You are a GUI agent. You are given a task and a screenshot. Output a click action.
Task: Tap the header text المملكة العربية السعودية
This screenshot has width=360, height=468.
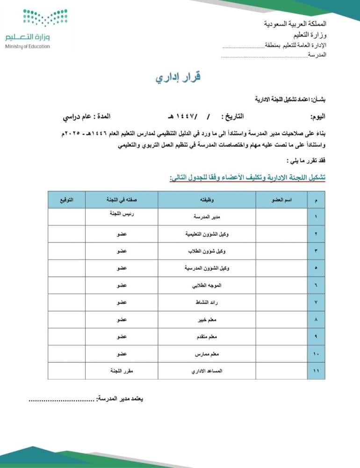295,23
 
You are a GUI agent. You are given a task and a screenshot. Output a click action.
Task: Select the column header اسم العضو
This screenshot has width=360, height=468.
281,200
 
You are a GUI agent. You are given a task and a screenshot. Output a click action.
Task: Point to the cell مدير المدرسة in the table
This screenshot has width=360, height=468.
207,217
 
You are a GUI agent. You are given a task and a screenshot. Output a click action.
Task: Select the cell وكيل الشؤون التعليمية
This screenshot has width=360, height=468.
207,234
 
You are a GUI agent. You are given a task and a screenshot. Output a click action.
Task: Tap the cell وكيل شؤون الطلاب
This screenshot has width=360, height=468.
207,251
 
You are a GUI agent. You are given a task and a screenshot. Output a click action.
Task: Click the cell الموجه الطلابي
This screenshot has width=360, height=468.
207,285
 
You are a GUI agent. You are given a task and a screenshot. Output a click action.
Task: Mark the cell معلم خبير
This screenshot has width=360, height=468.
207,320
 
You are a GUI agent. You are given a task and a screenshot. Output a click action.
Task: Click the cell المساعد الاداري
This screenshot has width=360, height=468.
207,371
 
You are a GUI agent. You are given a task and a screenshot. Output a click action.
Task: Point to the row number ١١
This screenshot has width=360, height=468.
317,371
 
